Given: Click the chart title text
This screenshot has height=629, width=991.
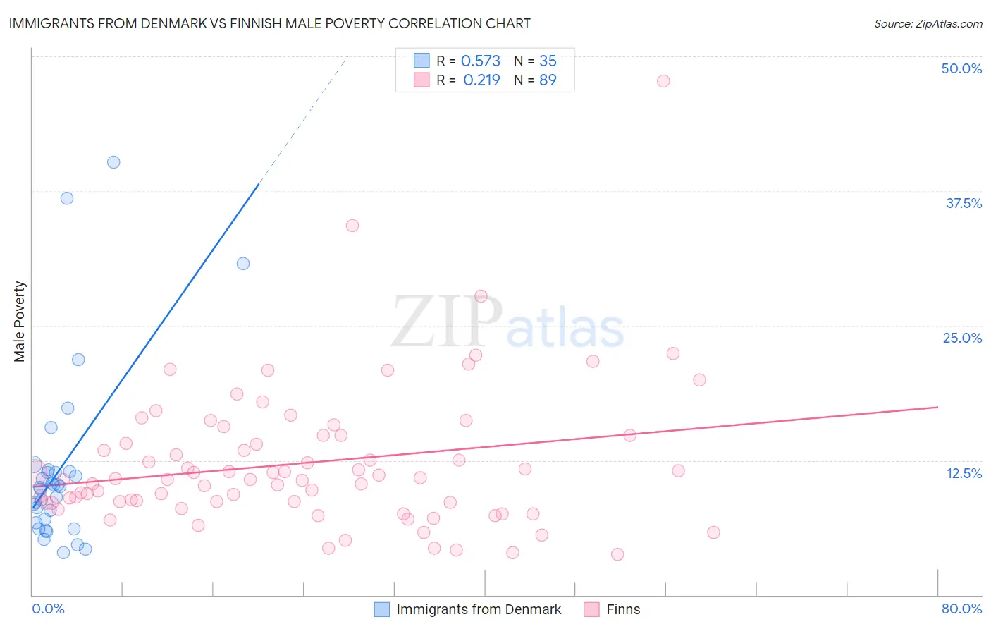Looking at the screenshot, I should pos(269,23).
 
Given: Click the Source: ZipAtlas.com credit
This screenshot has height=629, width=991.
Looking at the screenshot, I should pos(928,24).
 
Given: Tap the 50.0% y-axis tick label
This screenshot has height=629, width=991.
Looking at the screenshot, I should pos(961,68).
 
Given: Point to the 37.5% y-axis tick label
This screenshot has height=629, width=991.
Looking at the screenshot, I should pos(964,203).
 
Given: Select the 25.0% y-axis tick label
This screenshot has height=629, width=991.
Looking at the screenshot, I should pos(962,338).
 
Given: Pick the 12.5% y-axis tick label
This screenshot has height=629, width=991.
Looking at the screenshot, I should pos(964,473).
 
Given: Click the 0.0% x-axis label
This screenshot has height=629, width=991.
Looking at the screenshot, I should pos(48,609).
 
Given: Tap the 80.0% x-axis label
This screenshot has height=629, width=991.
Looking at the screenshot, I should pos(961,609).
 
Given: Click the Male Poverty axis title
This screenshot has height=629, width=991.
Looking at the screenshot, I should pos(20,322).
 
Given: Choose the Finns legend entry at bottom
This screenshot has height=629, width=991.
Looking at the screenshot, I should pos(622,609).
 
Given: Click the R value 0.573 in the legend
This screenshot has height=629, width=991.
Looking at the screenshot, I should pos(481,61).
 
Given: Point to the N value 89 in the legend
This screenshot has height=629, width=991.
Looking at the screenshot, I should pos(548,80).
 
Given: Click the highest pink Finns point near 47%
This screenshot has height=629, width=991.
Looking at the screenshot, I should pos(663,81).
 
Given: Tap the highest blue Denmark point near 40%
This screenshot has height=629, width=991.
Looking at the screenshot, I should pos(113,162).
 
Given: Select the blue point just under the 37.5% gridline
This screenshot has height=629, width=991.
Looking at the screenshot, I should pos(67,198).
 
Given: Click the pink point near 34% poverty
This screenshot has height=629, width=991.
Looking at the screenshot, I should pos(352,226).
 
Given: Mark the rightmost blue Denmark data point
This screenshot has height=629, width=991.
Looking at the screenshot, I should pos(243,264).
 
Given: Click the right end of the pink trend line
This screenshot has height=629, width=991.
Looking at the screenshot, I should pos(937,407).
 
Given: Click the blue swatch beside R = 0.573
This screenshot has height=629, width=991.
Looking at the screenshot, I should pos(421,61).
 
